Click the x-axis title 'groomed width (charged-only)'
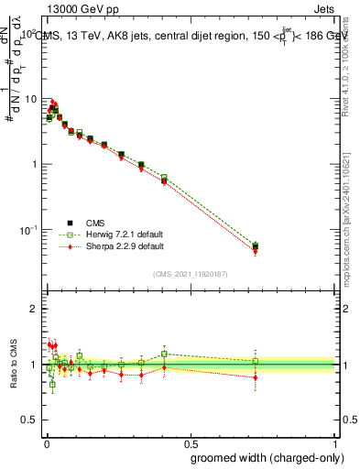pos(263,457)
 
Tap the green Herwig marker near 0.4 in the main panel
pos(164,178)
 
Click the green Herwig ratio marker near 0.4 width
pos(164,354)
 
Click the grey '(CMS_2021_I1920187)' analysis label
pos(190,272)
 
